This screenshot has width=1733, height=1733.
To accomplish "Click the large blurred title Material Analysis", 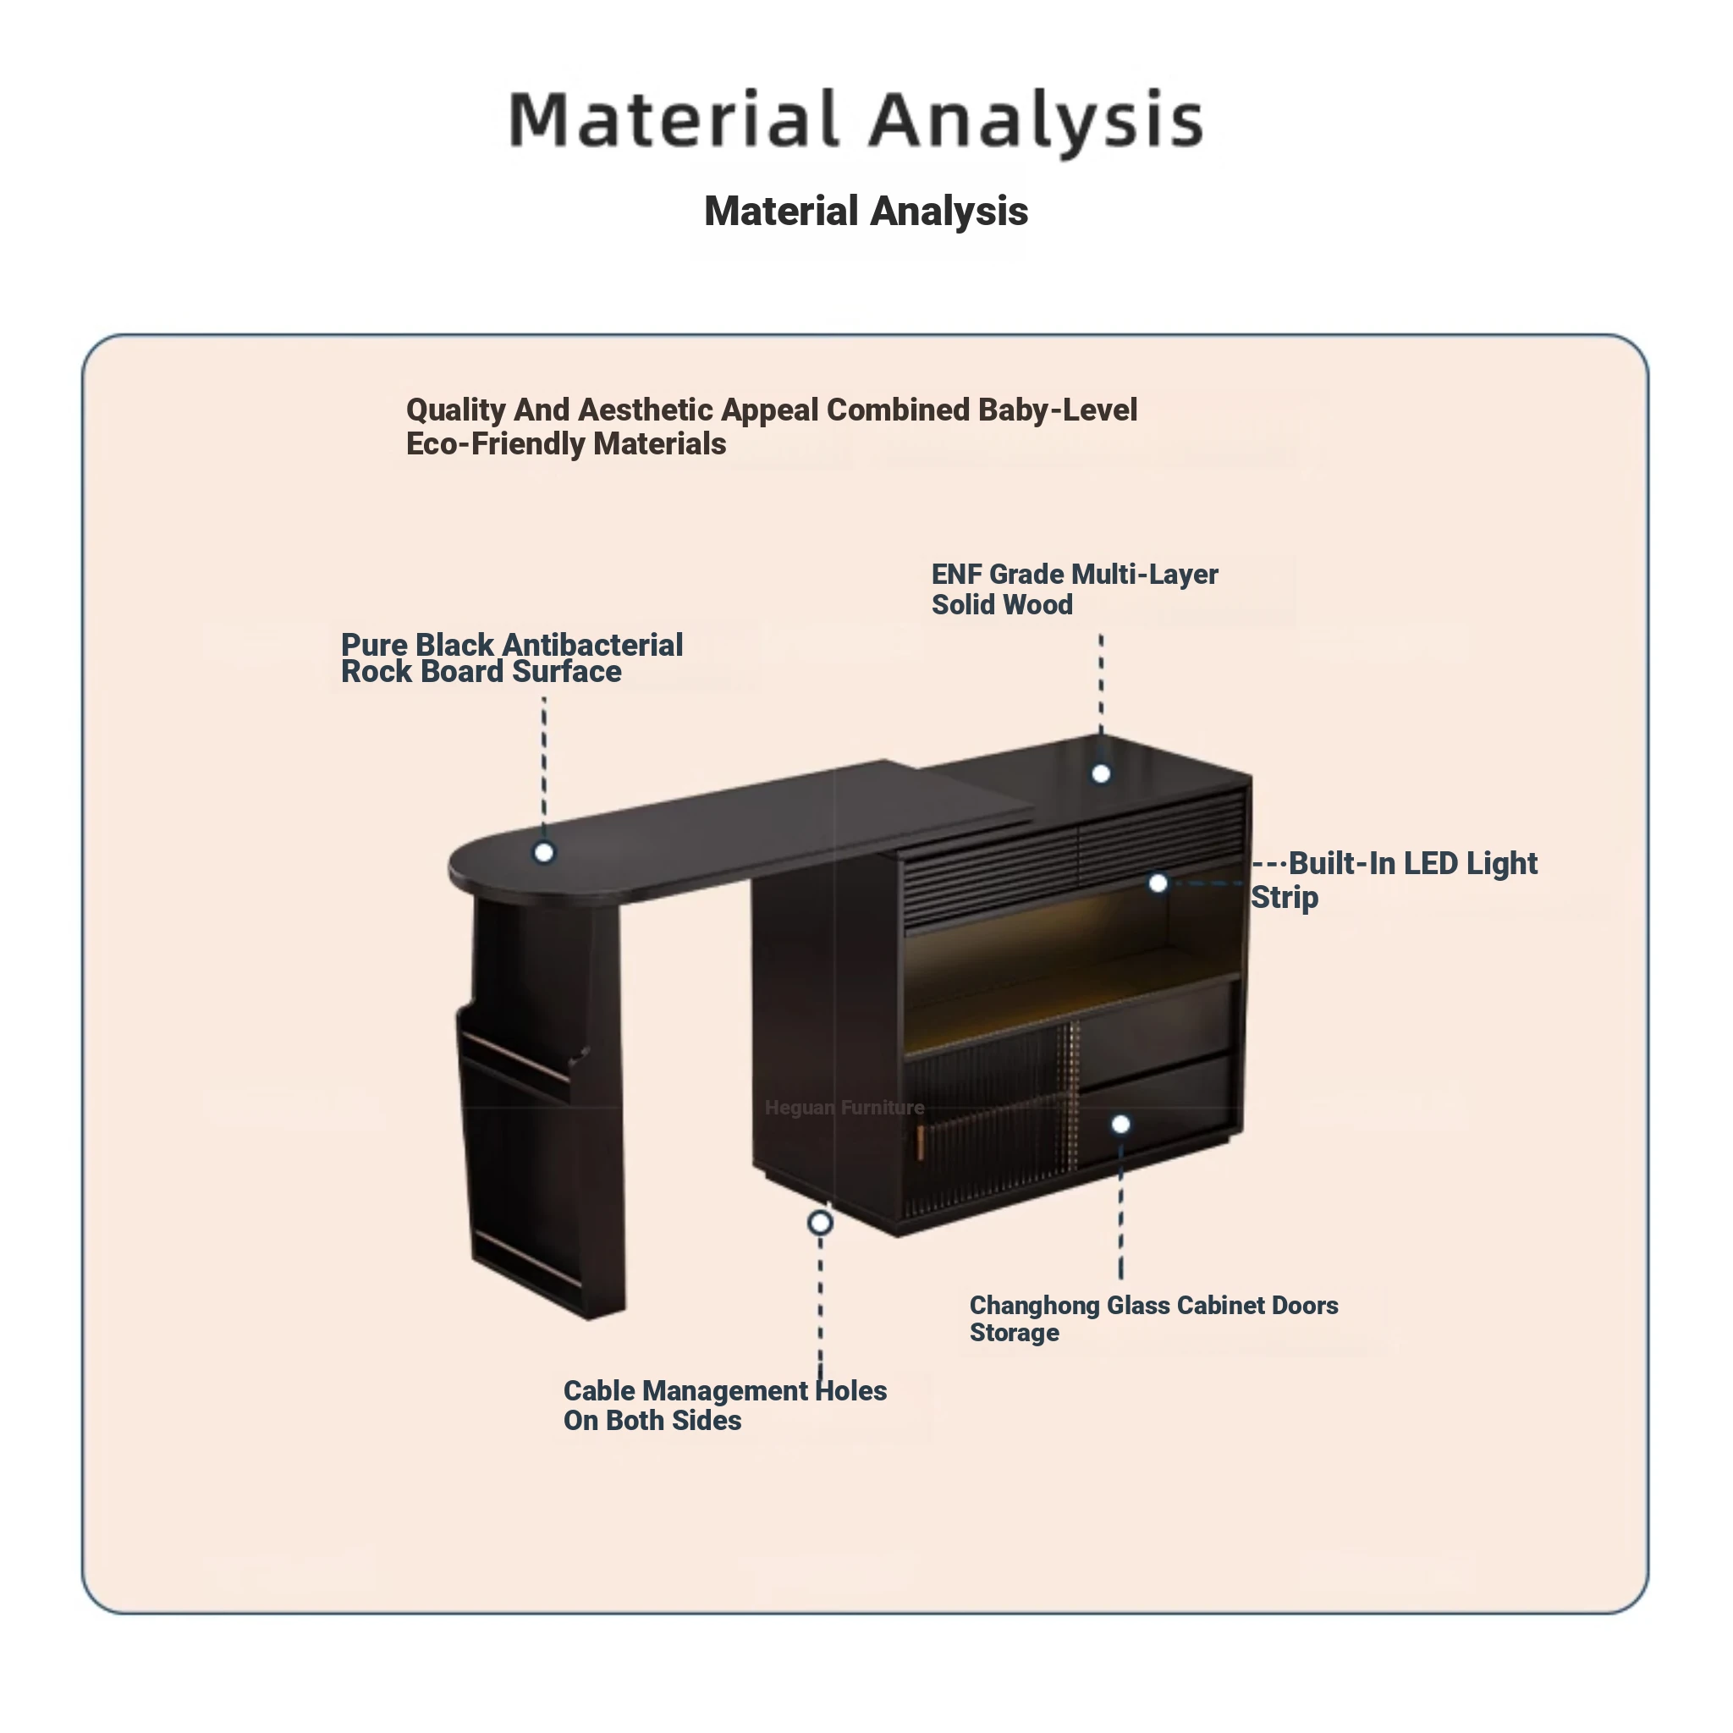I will pos(856,119).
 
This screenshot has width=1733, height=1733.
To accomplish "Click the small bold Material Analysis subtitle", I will pos(866,212).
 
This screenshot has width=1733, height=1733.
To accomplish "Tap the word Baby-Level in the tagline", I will pos(1058,410).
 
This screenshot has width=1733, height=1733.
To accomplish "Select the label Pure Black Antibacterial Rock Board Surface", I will pos(511,657).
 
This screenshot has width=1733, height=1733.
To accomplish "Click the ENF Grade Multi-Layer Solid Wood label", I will pos(1074,589).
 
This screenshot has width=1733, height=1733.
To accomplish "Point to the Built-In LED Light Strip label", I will pos(1395,879).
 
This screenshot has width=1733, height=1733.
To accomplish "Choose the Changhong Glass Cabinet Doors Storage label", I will pos(1153,1318).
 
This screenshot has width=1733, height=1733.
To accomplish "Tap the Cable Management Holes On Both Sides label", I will pos(723,1405).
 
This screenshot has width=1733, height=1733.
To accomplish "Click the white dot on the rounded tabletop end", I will pos(543,852).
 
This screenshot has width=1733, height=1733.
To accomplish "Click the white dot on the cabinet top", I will pos(1101,774).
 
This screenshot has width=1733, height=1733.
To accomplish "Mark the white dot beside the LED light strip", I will pos(1158,883).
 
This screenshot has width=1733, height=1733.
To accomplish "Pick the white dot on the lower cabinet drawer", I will pos(1120,1124).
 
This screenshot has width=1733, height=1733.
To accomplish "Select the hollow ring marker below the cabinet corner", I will pos(820,1223).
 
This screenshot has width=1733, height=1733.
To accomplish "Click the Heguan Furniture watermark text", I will pos(844,1108).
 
